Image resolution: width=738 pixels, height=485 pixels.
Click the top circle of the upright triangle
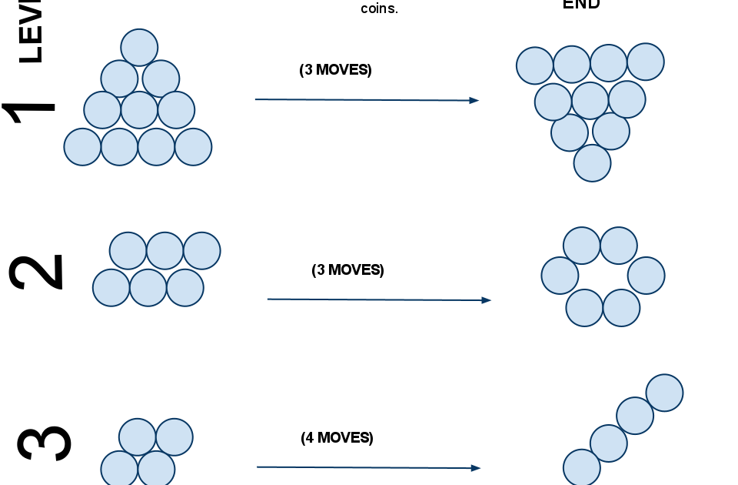(x=139, y=48)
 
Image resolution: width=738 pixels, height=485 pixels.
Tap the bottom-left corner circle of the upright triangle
(x=82, y=147)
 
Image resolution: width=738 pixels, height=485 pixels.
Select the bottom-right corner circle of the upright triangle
(x=193, y=147)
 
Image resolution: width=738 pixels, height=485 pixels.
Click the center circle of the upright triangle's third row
(x=139, y=110)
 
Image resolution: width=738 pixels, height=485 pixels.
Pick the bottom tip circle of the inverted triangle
(x=592, y=163)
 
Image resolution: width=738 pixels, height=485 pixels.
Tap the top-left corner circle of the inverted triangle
(x=535, y=65)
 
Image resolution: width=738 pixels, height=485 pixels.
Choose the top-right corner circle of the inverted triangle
(x=646, y=62)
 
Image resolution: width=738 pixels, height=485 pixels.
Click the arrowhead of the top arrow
(x=474, y=100)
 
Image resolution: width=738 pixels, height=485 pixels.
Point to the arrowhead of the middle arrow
(x=487, y=300)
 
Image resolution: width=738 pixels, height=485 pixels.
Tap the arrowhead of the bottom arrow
(x=476, y=468)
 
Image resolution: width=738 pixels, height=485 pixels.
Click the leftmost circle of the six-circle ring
(x=560, y=276)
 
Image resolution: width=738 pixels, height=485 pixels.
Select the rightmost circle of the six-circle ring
(x=646, y=276)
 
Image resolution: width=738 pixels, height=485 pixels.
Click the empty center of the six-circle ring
(x=602, y=276)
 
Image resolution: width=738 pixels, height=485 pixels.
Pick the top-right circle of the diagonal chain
(x=664, y=393)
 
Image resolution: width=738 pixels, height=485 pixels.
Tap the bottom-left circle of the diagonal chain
(x=581, y=468)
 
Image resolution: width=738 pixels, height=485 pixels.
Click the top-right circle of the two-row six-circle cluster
(x=201, y=251)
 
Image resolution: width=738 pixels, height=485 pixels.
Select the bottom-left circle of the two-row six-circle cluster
(x=111, y=288)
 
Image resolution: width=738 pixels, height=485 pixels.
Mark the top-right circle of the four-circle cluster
(x=175, y=437)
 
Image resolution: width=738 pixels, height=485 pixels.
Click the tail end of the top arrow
(x=256, y=99)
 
